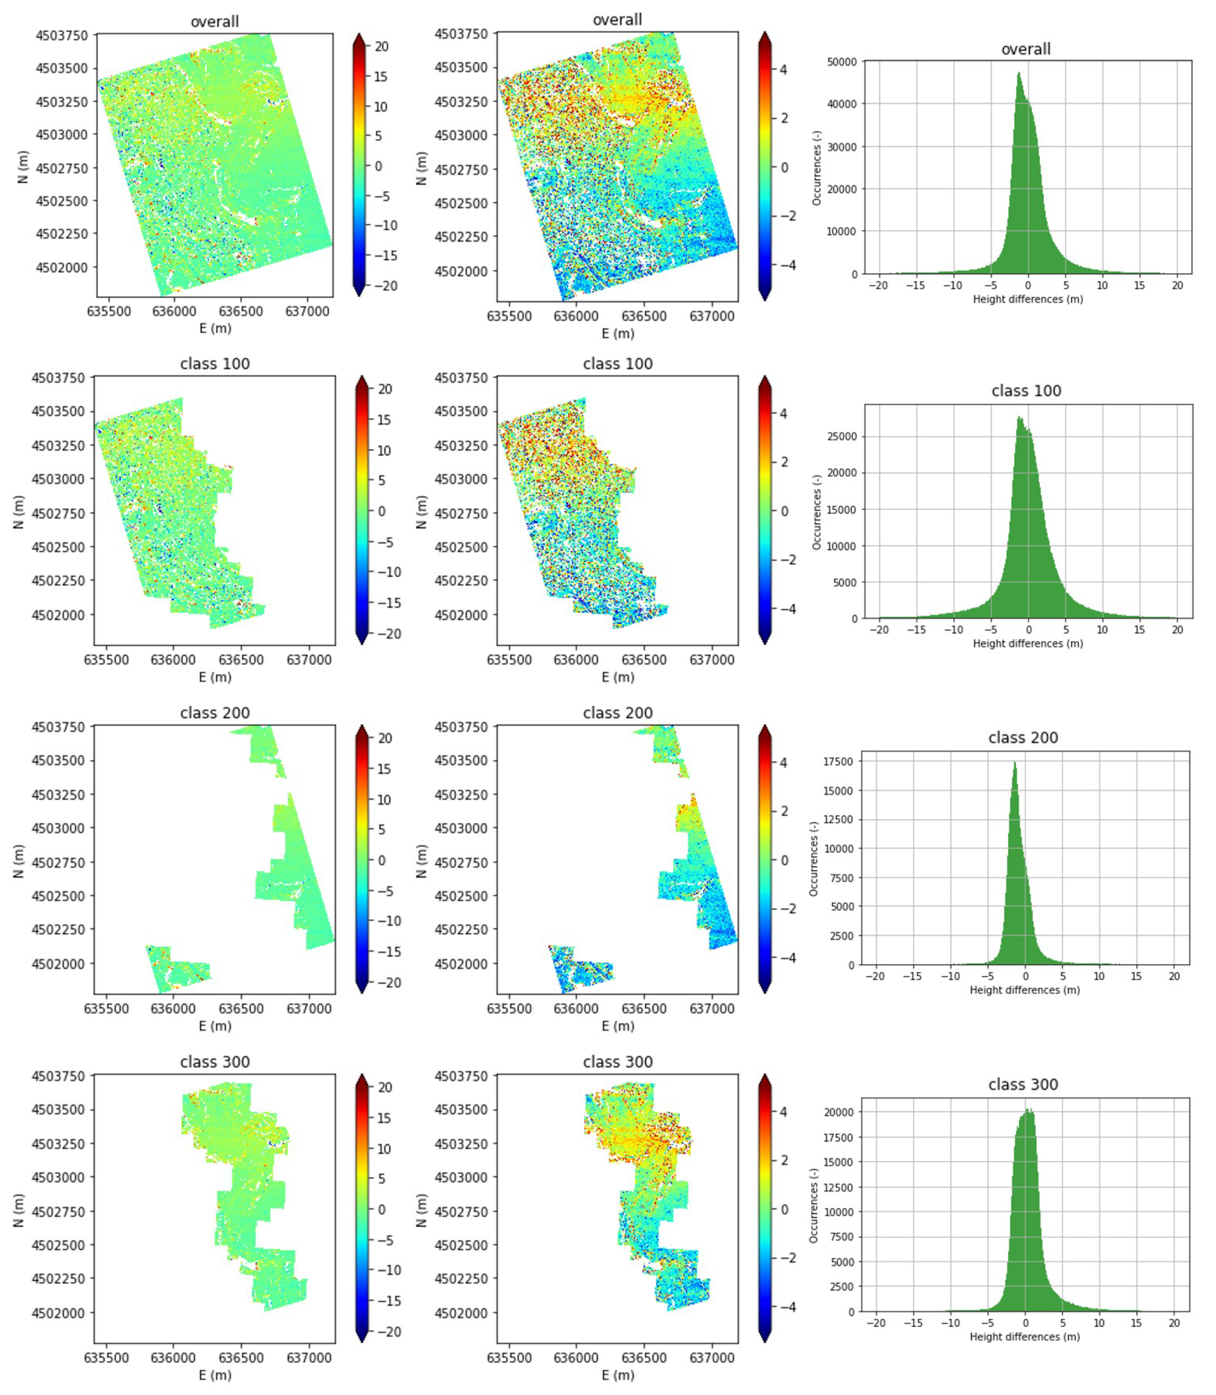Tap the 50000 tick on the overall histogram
842,62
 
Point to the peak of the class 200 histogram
1015,763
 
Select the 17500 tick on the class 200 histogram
838,762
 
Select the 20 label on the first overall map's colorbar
381,47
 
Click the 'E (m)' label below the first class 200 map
215,1026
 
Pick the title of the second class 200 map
618,713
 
